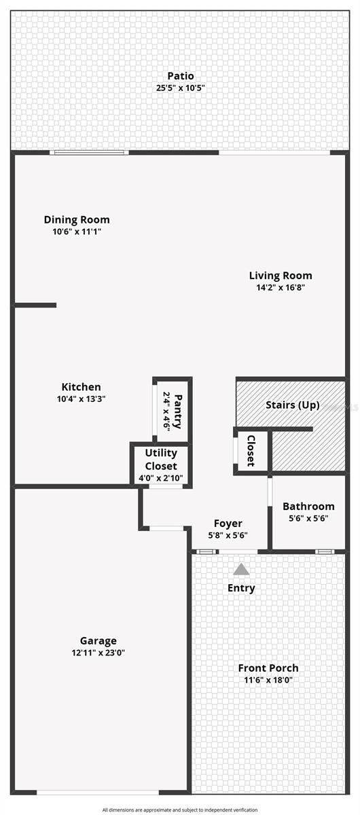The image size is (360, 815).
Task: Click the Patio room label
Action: click(x=180, y=76)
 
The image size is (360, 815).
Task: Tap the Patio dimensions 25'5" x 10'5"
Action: click(x=180, y=88)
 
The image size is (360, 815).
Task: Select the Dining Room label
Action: click(x=77, y=219)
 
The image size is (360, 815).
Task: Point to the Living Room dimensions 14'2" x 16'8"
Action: click(x=281, y=287)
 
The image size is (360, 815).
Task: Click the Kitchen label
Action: click(x=81, y=387)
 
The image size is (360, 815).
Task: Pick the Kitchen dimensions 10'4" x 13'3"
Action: click(x=81, y=399)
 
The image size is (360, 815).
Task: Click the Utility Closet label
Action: click(x=161, y=459)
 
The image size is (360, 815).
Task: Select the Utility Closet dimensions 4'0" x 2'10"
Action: click(x=161, y=478)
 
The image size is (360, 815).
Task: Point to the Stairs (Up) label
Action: click(x=292, y=405)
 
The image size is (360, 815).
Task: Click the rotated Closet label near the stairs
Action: click(x=251, y=450)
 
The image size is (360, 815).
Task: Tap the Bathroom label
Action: click(x=308, y=506)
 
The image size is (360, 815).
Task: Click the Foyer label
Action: click(x=228, y=523)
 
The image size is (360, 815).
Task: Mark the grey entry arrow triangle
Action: click(x=241, y=570)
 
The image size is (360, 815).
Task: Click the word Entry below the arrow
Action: click(x=241, y=587)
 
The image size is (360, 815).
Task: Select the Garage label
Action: click(x=98, y=640)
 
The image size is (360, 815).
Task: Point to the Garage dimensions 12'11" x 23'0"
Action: click(x=98, y=653)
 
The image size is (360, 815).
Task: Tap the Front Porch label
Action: click(x=268, y=668)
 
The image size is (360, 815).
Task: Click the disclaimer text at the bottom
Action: click(x=180, y=810)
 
